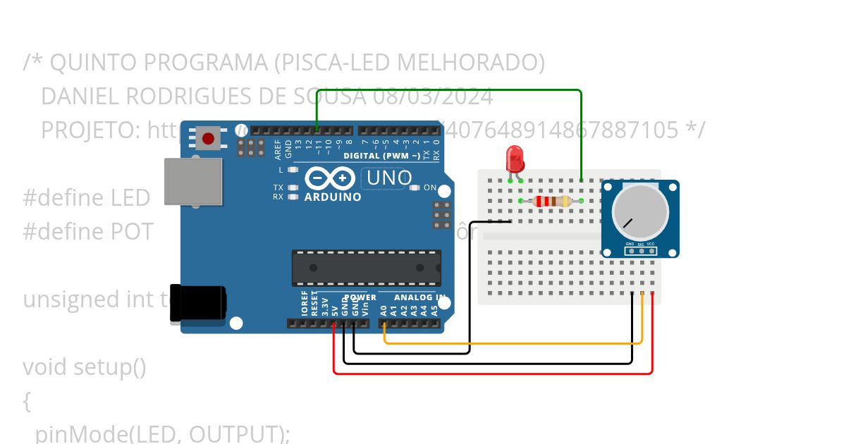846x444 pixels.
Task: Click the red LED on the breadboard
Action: pyautogui.click(x=515, y=159)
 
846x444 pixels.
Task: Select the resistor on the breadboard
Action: pyautogui.click(x=552, y=202)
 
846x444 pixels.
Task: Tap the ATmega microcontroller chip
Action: pyautogui.click(x=367, y=268)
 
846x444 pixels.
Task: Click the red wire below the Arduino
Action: pyautogui.click(x=493, y=373)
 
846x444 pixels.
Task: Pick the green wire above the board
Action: pyautogui.click(x=451, y=90)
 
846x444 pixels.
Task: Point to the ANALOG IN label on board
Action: pyautogui.click(x=420, y=297)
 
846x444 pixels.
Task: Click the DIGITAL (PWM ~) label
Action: pyautogui.click(x=381, y=155)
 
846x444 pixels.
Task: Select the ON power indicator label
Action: pyautogui.click(x=430, y=188)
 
